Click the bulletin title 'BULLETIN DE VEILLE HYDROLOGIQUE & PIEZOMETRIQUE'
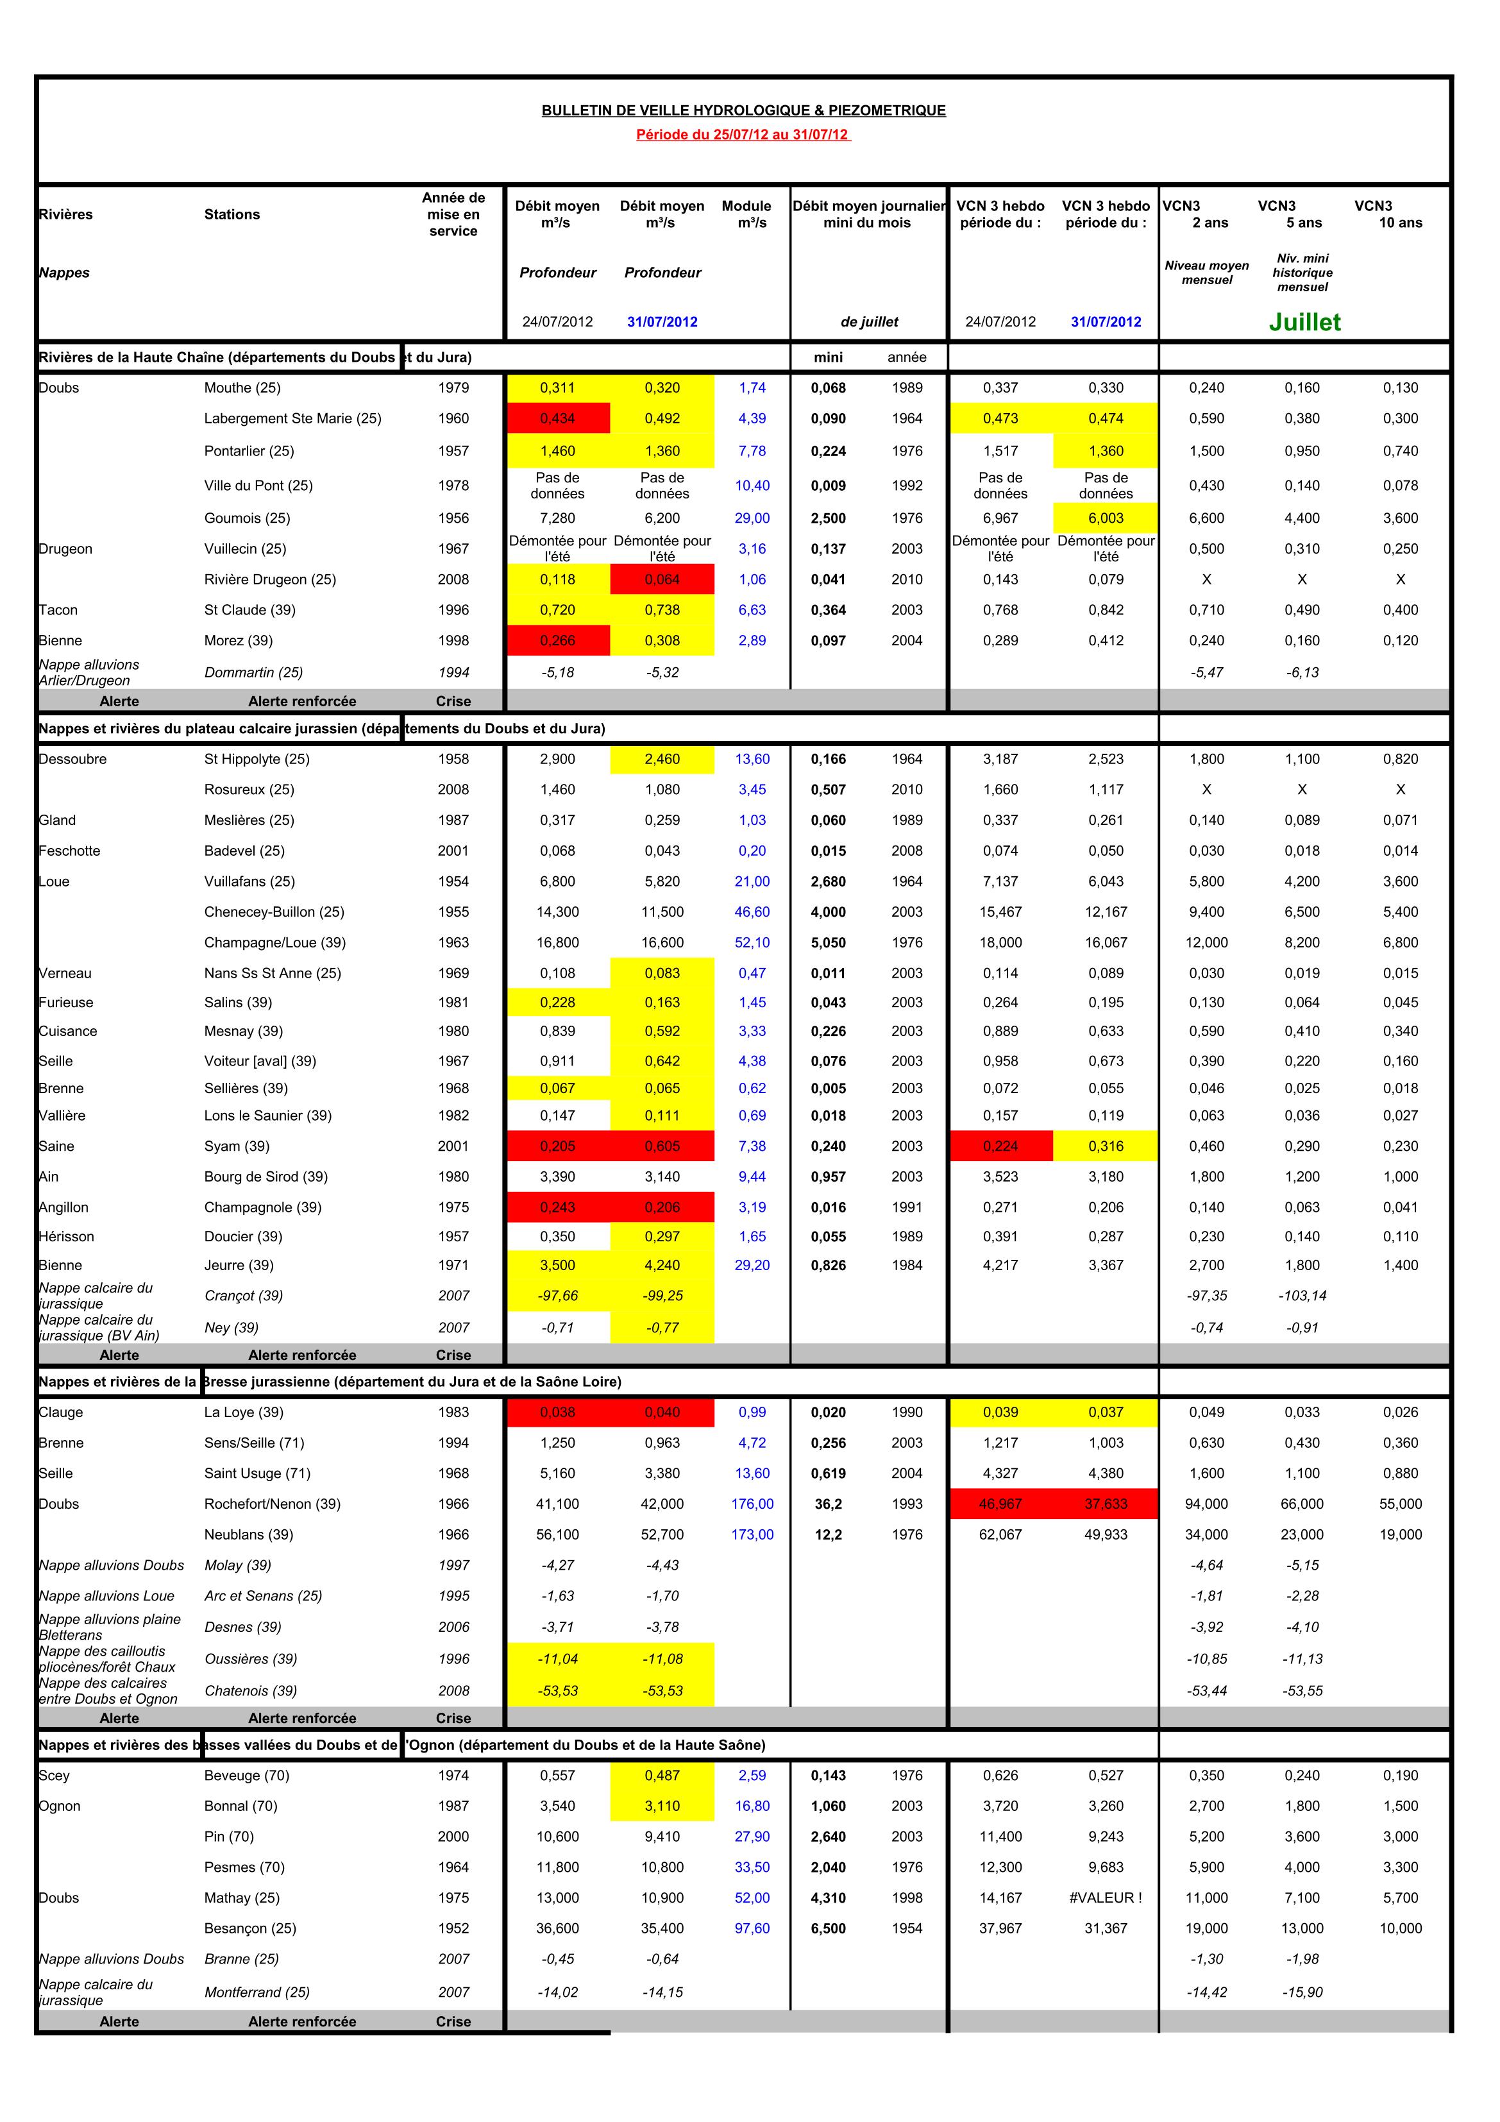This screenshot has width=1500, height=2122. pos(743,110)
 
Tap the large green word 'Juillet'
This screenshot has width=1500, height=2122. pos(1304,321)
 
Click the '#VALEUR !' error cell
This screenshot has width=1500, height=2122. pos(1106,1897)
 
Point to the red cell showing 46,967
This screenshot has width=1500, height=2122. pos(1000,1504)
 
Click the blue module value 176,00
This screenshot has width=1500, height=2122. pos(752,1504)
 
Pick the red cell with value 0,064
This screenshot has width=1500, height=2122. pos(662,579)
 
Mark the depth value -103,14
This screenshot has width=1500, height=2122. pos(1302,1296)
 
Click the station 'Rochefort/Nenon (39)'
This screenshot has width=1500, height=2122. pos(273,1504)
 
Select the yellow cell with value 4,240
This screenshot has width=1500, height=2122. pos(662,1265)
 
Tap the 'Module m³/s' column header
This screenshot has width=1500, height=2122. pos(746,214)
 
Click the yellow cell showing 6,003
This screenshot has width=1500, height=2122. pos(1106,518)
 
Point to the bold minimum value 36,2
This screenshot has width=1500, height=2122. pos(828,1504)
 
